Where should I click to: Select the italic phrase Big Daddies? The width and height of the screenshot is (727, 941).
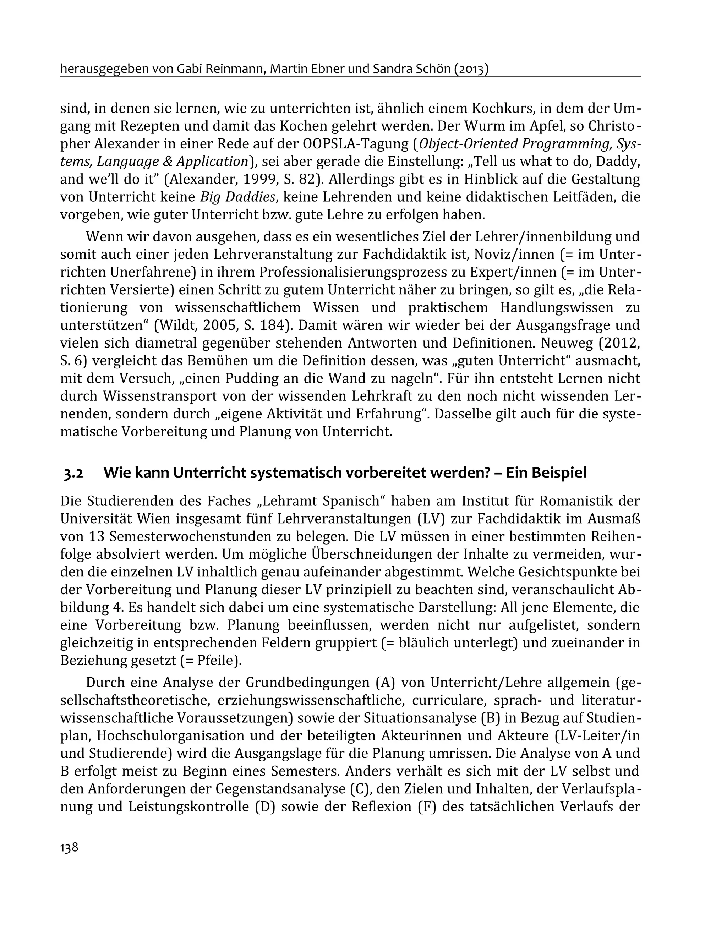point(238,197)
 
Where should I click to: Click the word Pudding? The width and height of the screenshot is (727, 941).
point(260,378)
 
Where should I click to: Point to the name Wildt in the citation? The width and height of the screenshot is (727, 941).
point(177,325)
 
